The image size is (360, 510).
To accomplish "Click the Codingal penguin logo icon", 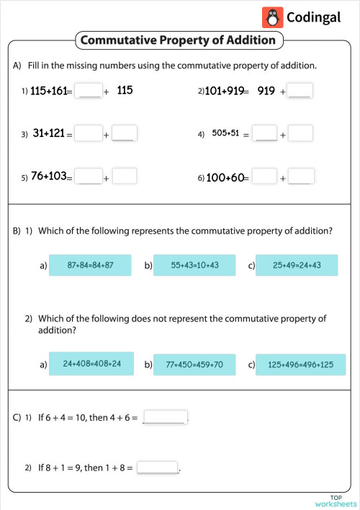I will click(272, 17).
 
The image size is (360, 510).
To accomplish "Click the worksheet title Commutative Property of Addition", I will click(179, 40).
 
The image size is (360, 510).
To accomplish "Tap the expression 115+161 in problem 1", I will click(48, 91).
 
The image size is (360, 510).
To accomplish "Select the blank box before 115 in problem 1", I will click(89, 91).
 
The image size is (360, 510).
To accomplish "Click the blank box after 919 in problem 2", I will click(300, 91).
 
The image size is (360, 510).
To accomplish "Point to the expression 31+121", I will click(49, 133).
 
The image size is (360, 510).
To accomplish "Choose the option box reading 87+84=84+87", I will click(90, 266).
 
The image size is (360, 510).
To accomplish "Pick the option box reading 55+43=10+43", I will click(194, 266).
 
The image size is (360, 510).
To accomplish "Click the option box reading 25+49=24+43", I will click(297, 266).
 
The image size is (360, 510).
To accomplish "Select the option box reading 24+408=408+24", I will click(91, 364).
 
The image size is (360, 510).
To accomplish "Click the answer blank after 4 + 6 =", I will click(165, 417).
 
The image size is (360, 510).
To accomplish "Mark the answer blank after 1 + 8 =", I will click(157, 467).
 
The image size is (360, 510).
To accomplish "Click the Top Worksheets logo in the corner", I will click(335, 501).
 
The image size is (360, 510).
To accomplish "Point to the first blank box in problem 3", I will click(89, 133).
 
